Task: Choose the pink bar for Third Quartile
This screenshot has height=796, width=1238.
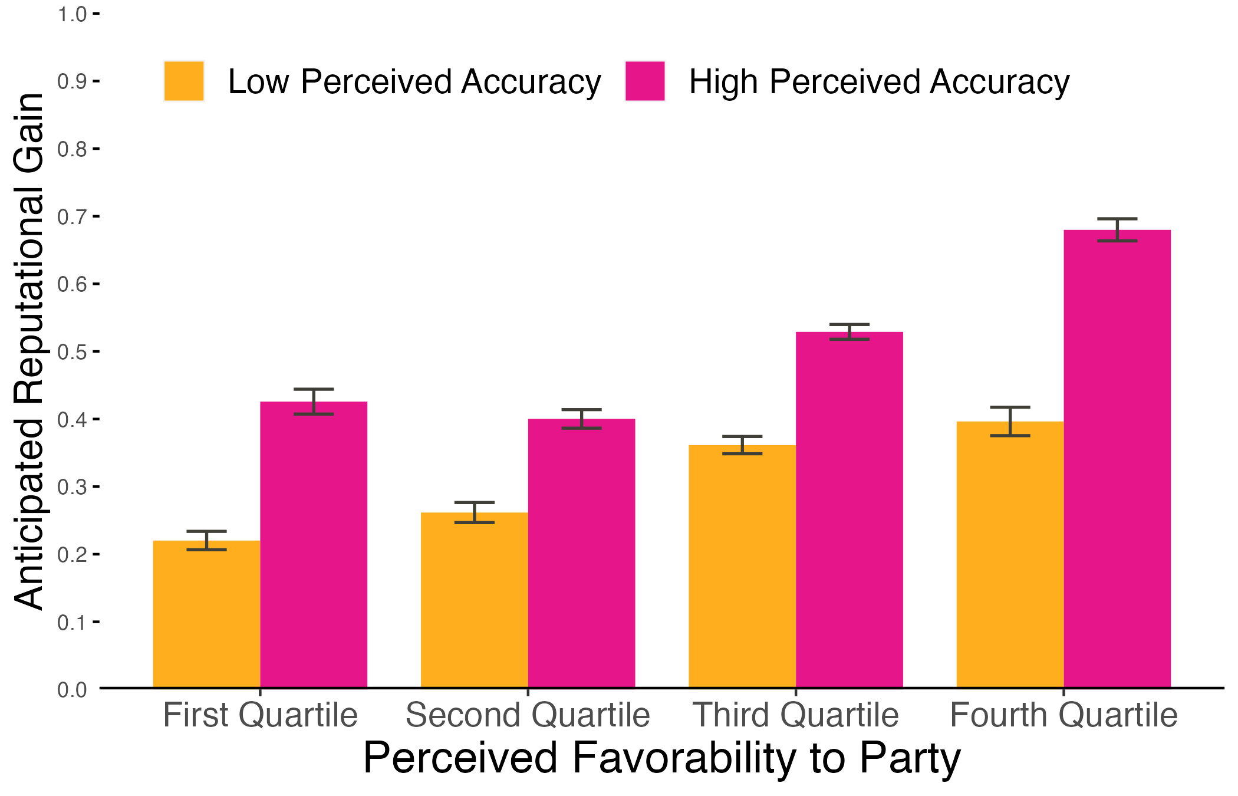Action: click(x=849, y=509)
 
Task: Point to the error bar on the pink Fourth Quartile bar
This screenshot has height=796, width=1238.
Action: click(x=1117, y=229)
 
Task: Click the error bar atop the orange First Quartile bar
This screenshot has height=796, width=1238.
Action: click(x=206, y=540)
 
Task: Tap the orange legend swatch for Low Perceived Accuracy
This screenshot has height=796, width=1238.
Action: click(x=184, y=81)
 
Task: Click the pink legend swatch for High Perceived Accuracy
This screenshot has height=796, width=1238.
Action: click(x=645, y=81)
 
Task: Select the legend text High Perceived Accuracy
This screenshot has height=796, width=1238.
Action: click(x=879, y=81)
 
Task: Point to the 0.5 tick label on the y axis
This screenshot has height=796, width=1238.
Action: click(x=72, y=352)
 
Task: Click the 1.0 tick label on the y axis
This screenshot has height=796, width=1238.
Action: click(x=72, y=14)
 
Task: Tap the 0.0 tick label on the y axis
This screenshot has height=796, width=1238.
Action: click(x=72, y=689)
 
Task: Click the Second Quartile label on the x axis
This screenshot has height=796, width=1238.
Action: click(x=528, y=715)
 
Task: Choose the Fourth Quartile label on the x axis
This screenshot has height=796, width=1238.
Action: click(x=1064, y=715)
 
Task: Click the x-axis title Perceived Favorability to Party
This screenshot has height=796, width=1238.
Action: click(x=661, y=758)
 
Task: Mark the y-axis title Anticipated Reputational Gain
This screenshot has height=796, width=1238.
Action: click(x=29, y=351)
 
